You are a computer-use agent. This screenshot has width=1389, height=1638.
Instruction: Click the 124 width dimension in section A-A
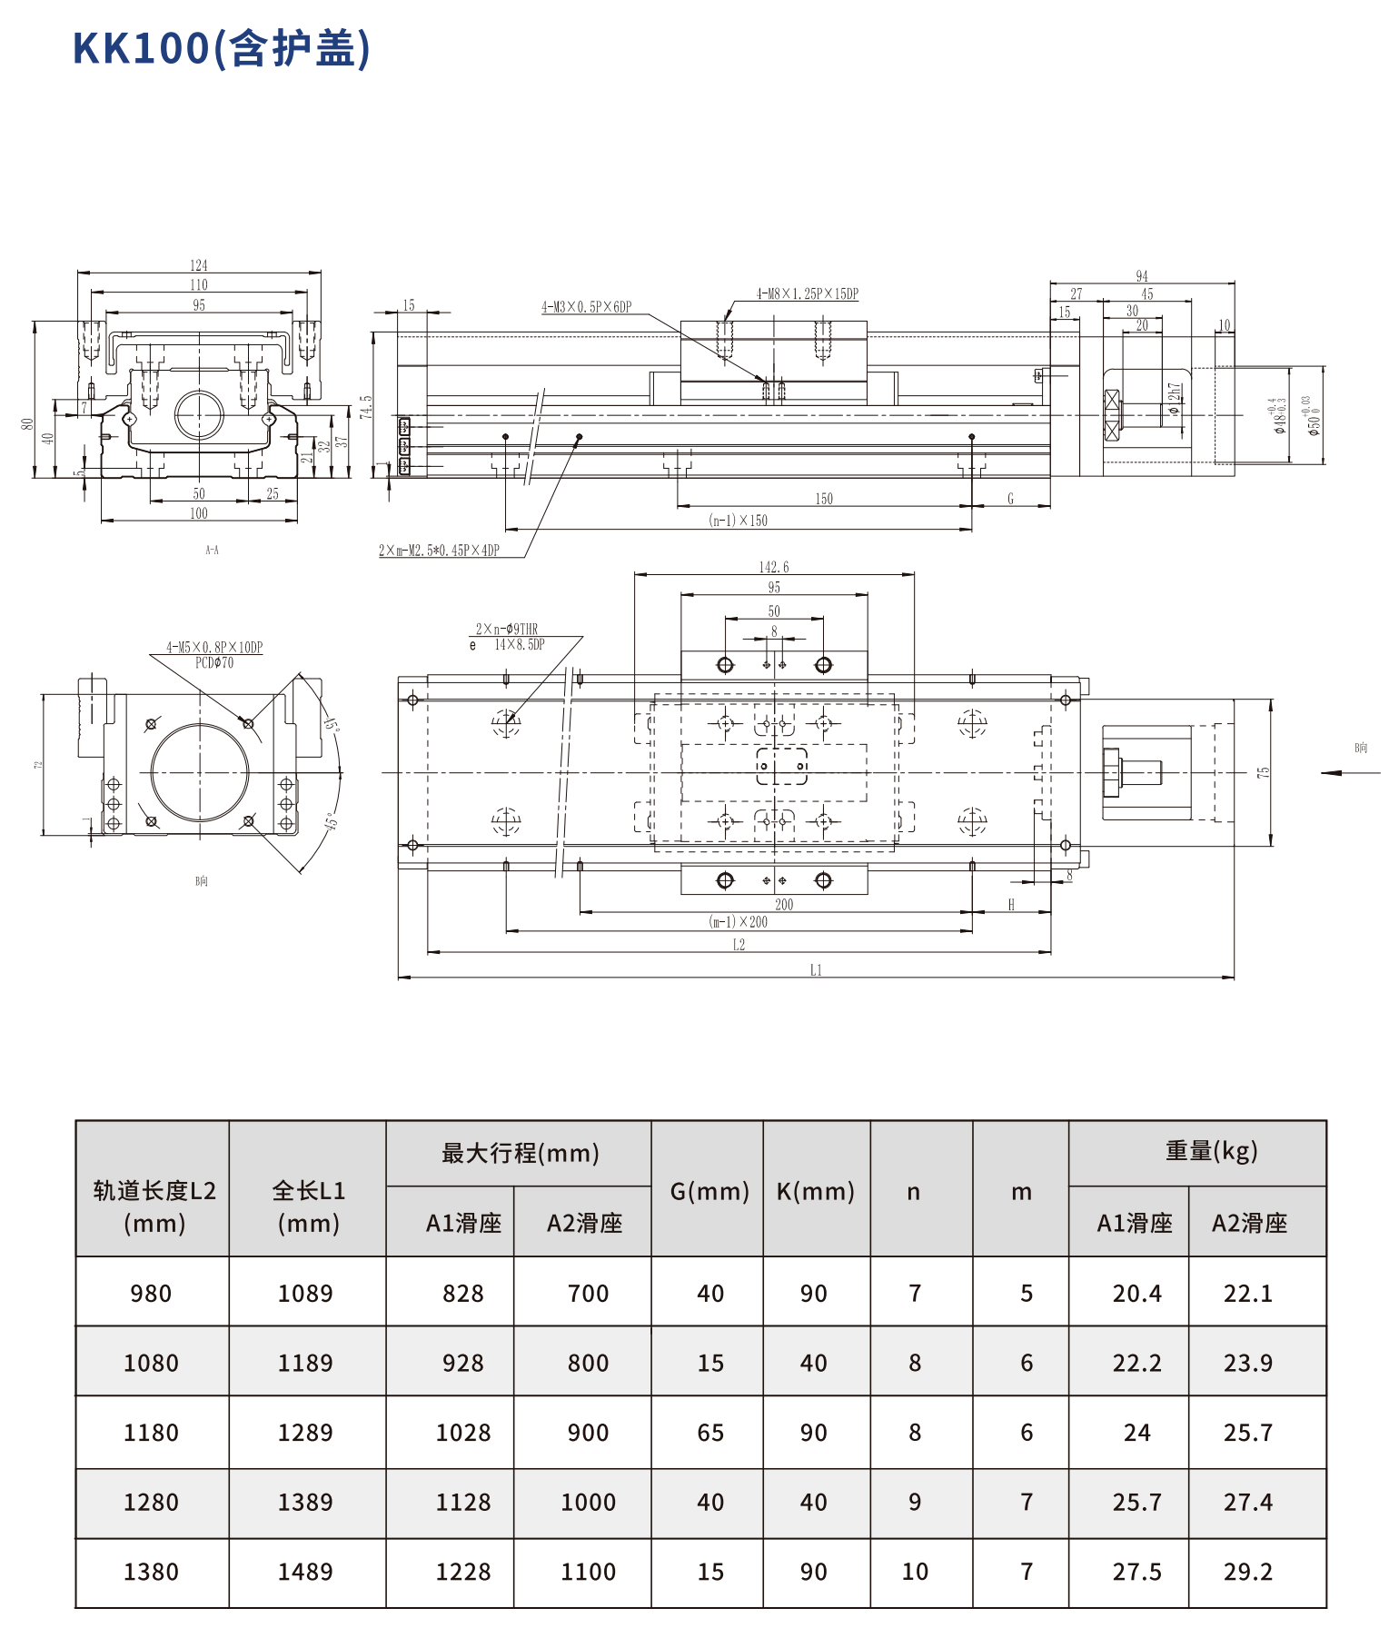point(199,265)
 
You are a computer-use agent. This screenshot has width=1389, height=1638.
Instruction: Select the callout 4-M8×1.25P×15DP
point(807,293)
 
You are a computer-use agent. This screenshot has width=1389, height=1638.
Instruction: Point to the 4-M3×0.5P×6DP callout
point(586,307)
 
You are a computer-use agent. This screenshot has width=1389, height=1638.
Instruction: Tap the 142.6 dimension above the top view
point(774,567)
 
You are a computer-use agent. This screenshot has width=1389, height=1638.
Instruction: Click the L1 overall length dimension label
point(816,970)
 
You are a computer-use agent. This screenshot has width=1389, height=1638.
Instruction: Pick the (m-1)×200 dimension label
point(738,921)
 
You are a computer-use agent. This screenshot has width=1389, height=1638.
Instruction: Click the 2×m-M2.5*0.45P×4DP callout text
point(439,551)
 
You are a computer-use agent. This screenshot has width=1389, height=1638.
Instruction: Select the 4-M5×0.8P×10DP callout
point(214,648)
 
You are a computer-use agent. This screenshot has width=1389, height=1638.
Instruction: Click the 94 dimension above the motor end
point(1142,276)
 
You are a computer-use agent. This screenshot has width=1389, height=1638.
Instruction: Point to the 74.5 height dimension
point(365,406)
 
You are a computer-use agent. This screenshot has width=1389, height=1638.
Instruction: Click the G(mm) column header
point(709,1191)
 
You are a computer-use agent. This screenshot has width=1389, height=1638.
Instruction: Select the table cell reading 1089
point(305,1293)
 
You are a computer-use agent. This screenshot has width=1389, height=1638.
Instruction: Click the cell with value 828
point(462,1293)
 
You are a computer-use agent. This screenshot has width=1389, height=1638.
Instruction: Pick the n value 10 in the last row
point(915,1572)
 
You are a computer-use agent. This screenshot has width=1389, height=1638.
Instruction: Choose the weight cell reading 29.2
point(1247,1572)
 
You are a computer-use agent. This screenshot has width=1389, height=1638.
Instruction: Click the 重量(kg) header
point(1211,1152)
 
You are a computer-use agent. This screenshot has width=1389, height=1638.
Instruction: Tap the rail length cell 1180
point(151,1433)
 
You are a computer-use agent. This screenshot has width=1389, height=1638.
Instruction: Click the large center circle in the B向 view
point(200,772)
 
